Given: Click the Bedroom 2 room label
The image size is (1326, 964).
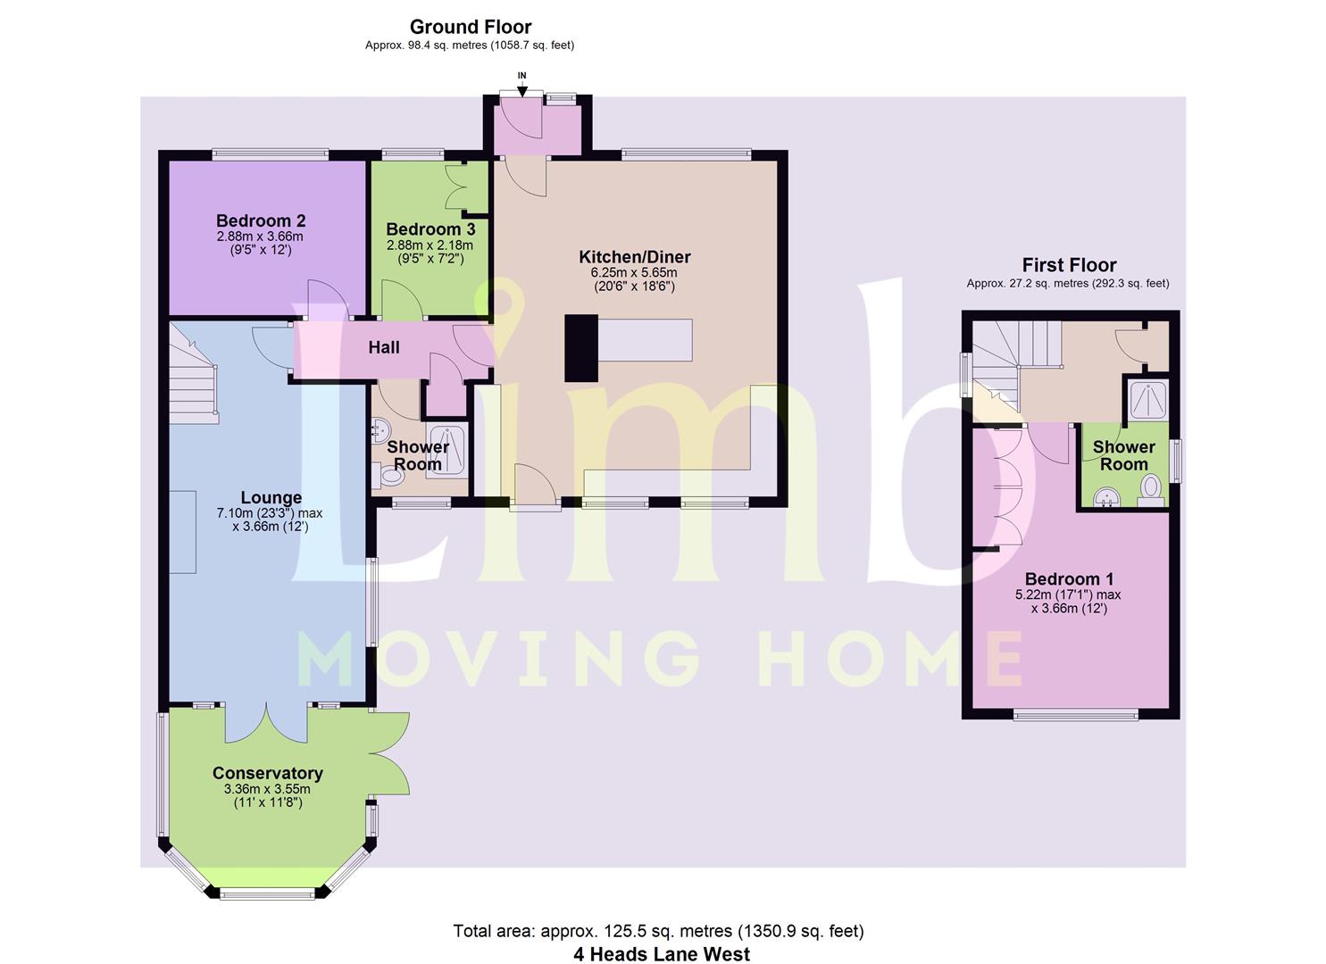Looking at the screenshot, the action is pyautogui.click(x=261, y=220).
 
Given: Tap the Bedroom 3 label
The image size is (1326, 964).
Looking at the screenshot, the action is pyautogui.click(x=430, y=229).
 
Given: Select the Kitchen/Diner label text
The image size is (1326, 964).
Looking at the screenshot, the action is pyautogui.click(x=635, y=257).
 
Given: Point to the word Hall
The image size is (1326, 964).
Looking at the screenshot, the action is pyautogui.click(x=384, y=347).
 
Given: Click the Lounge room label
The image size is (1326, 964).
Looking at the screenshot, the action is pyautogui.click(x=271, y=498).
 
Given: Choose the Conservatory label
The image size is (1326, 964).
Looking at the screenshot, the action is pyautogui.click(x=268, y=773).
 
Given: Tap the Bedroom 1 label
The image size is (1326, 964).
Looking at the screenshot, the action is pyautogui.click(x=1069, y=578).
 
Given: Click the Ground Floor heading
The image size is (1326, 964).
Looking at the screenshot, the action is pyautogui.click(x=471, y=27).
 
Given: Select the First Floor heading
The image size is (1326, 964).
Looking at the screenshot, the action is pyautogui.click(x=1069, y=264).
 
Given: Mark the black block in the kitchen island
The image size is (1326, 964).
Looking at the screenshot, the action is pyautogui.click(x=581, y=348).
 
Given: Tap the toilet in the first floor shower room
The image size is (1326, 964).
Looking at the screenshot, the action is pyautogui.click(x=1151, y=491).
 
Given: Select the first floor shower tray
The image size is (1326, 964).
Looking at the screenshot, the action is pyautogui.click(x=1148, y=400).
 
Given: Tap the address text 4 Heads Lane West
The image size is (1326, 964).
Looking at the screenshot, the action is pyautogui.click(x=662, y=954).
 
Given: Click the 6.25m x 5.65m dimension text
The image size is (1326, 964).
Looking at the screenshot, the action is pyautogui.click(x=634, y=273).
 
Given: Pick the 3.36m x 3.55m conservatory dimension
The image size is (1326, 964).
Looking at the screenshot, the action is pyautogui.click(x=267, y=789).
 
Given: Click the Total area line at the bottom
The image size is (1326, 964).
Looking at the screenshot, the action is pyautogui.click(x=658, y=931).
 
